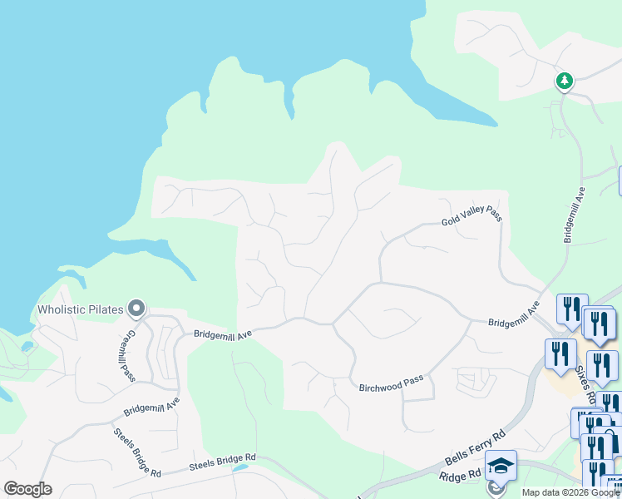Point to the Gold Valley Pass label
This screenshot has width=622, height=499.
tap(471, 219)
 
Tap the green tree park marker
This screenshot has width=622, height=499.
tap(565, 81)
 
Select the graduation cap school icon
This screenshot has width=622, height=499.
tap(501, 466)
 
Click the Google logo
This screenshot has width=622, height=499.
tap(27, 489)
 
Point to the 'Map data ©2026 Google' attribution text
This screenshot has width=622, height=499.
tap(570, 492)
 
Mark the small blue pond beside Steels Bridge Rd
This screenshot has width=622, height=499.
tap(239, 467)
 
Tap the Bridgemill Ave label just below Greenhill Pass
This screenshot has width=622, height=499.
tap(151, 407)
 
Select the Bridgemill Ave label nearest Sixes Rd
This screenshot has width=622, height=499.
tap(514, 316)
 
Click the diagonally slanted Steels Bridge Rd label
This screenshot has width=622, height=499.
tap(137, 453)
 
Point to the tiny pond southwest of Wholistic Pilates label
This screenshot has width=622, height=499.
tap(27, 346)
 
